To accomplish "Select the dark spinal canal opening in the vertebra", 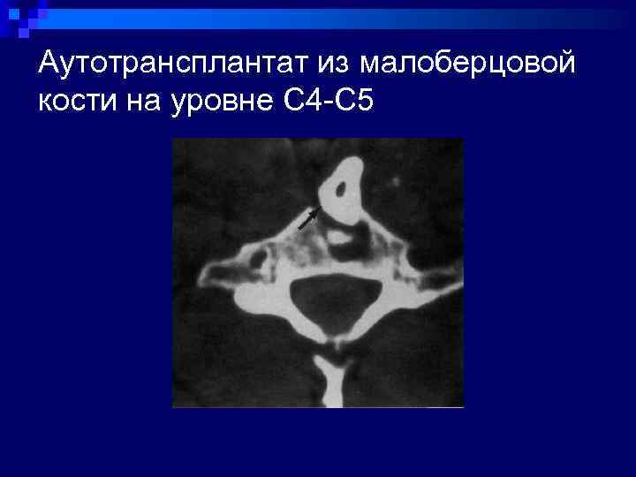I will click(337, 302).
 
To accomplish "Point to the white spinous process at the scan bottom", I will click(333, 380).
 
